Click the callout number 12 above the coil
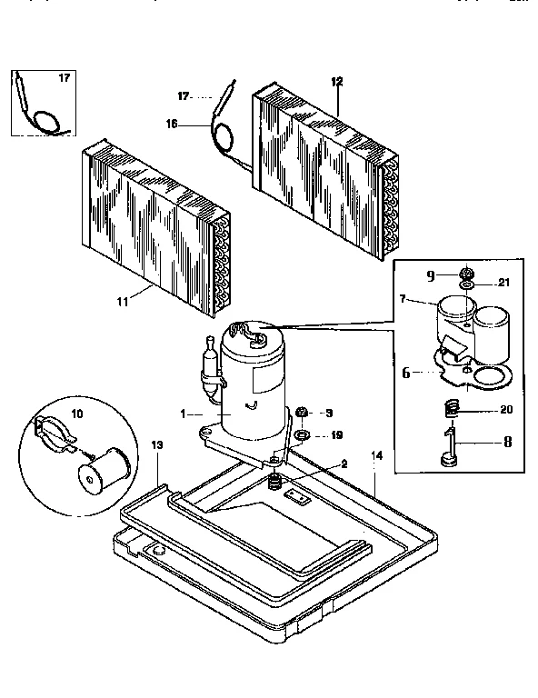pyautogui.click(x=337, y=82)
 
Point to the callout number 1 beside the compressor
pyautogui.click(x=184, y=413)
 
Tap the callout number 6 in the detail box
pyautogui.click(x=406, y=371)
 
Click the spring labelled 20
pyautogui.click(x=448, y=411)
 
